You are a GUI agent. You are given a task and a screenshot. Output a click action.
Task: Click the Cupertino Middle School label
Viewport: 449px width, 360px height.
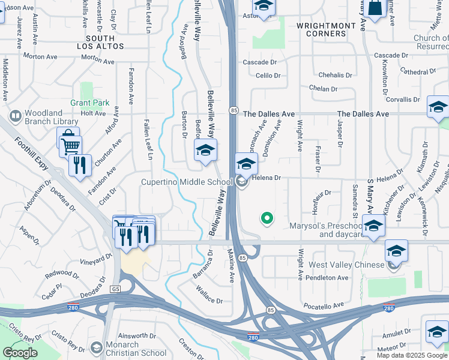pyautogui.click(x=186, y=182)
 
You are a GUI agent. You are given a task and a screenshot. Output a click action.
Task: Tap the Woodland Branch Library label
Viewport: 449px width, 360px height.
pyautogui.click(x=52, y=117)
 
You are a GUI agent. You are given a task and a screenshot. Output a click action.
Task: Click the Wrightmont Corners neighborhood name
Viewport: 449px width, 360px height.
pyautogui.click(x=321, y=29)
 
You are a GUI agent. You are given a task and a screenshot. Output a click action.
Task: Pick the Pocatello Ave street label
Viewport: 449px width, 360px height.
pyautogui.click(x=322, y=305)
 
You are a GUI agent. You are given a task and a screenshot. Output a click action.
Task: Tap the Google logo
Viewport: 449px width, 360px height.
pyautogui.click(x=20, y=353)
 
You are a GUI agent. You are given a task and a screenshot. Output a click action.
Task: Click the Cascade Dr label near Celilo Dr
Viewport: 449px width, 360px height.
pyautogui.click(x=259, y=62)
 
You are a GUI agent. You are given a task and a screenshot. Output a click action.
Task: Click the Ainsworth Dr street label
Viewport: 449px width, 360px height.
pyautogui.click(x=137, y=335)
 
